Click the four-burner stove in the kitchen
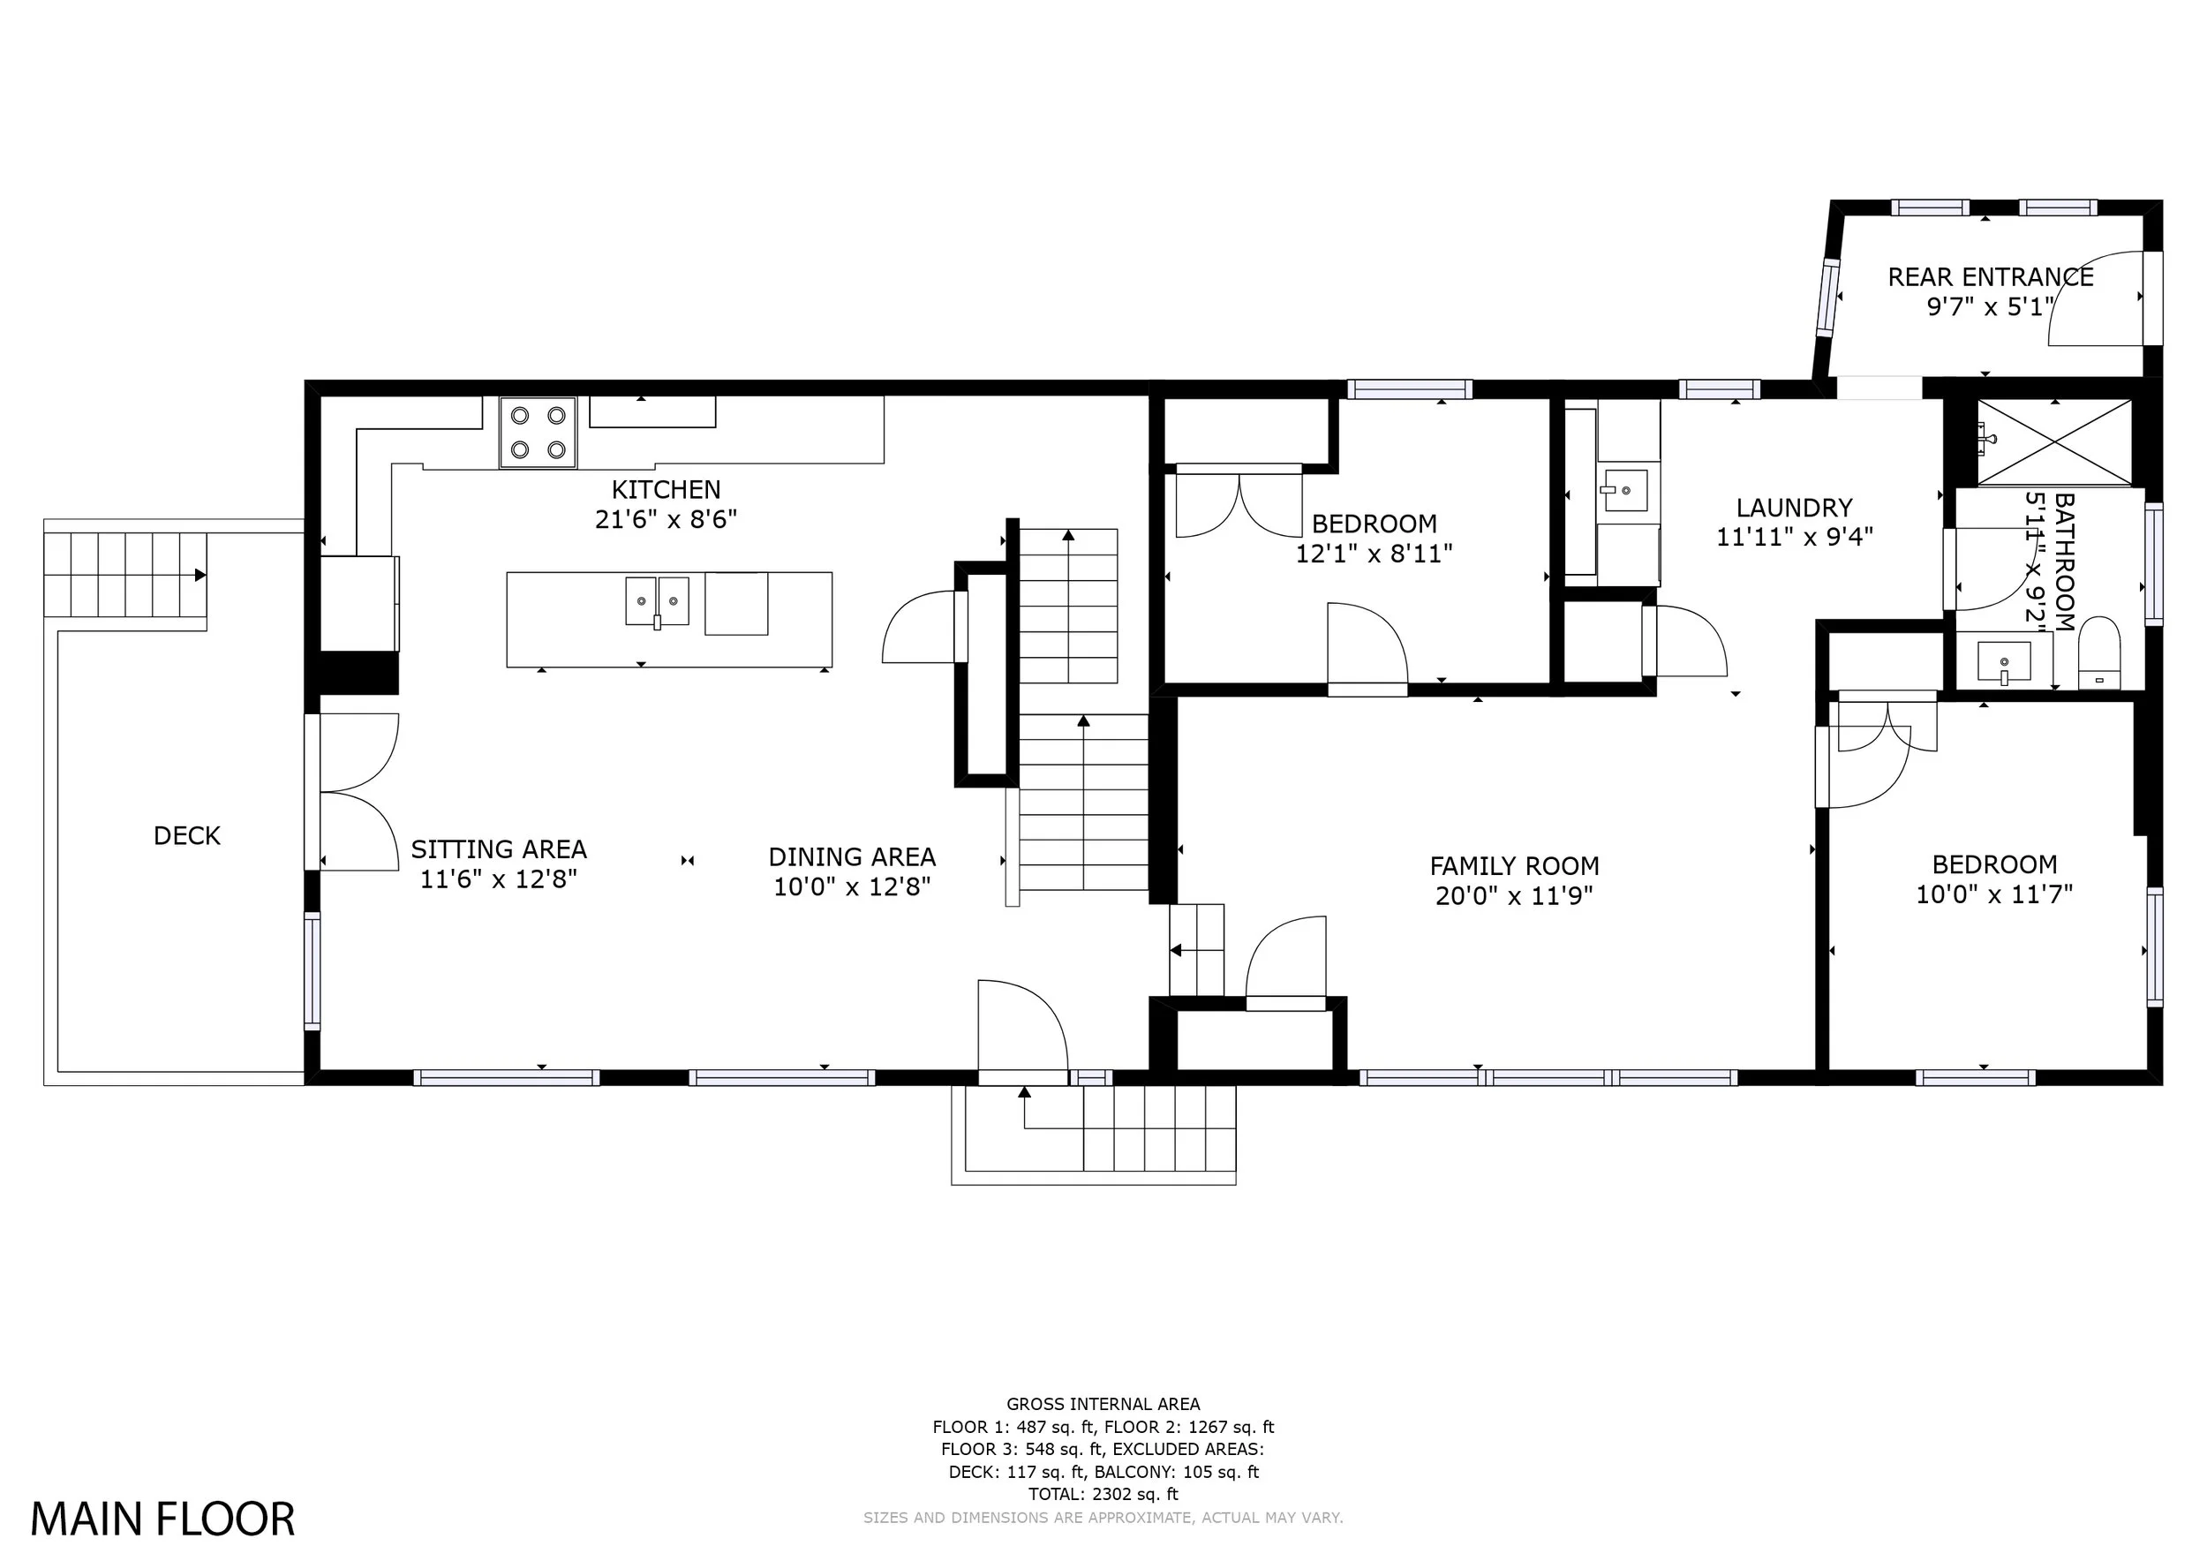point(539,433)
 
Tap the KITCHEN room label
point(667,489)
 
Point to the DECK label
point(187,835)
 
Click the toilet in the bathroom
point(2099,653)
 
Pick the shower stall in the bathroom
point(2054,442)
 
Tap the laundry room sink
point(1624,490)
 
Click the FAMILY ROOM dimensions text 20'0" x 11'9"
point(1515,896)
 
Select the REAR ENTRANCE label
point(1991,277)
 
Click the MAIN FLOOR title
point(162,1520)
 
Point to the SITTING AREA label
point(499,848)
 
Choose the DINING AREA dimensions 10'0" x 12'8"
point(853,886)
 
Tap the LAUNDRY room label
point(1795,508)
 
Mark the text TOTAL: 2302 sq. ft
point(1103,1494)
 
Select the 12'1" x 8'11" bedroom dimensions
point(1375,554)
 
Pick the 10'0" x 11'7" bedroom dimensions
point(1994,894)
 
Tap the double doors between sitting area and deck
point(353,792)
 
